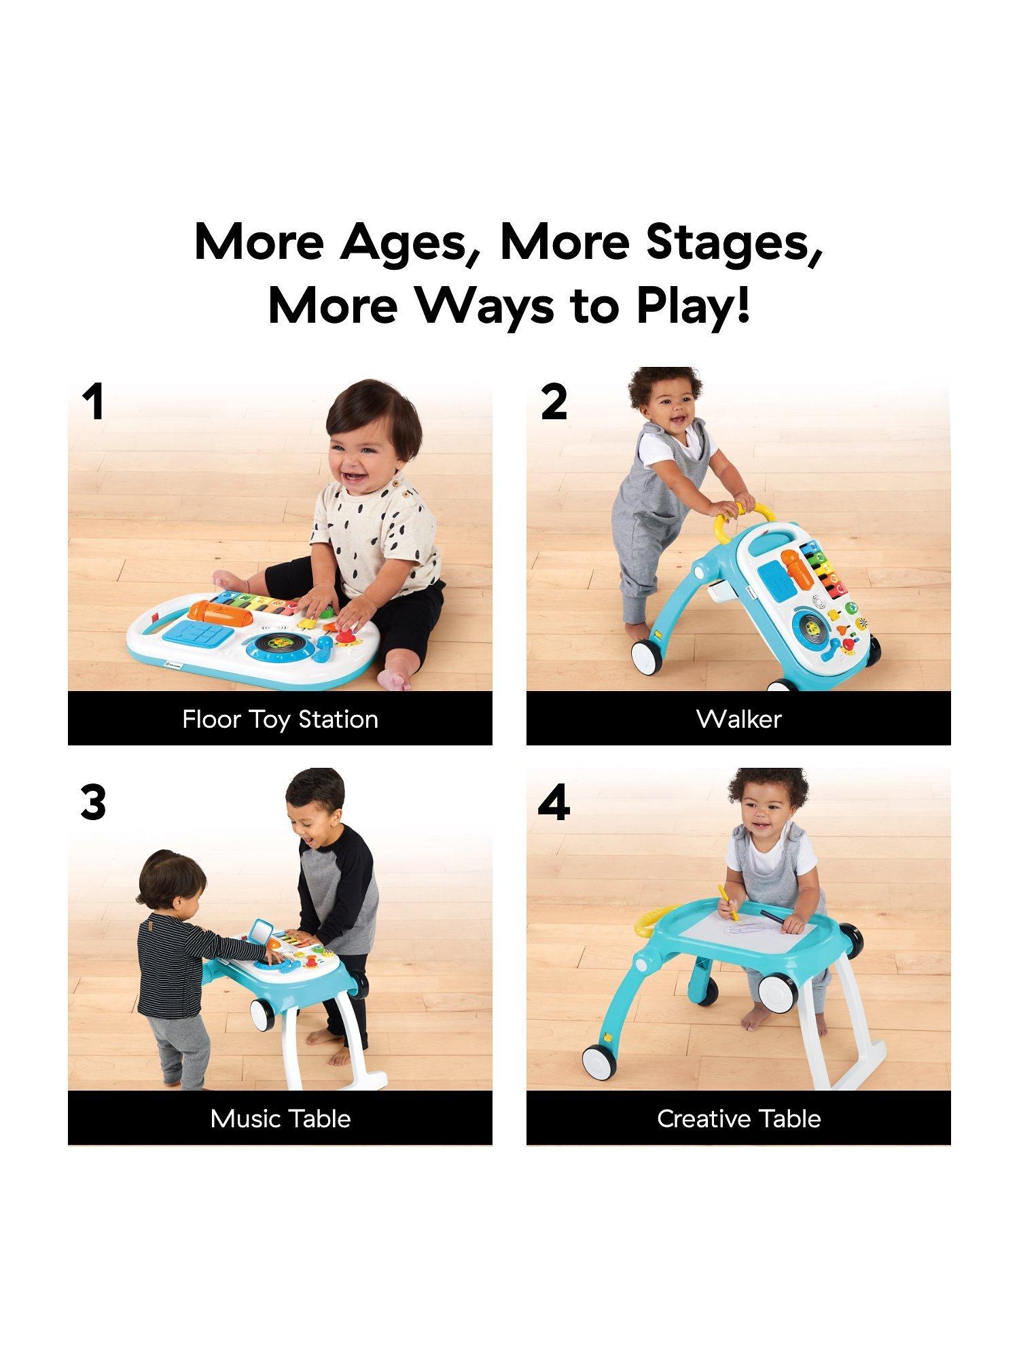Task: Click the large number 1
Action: [x=93, y=402]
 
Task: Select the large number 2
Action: [x=554, y=402]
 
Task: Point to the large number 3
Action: [x=93, y=802]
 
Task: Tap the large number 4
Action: [x=554, y=802]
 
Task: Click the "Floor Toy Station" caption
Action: [x=280, y=720]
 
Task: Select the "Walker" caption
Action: [x=739, y=719]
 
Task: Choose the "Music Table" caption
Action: [x=281, y=1118]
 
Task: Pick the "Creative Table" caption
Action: [x=739, y=1118]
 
